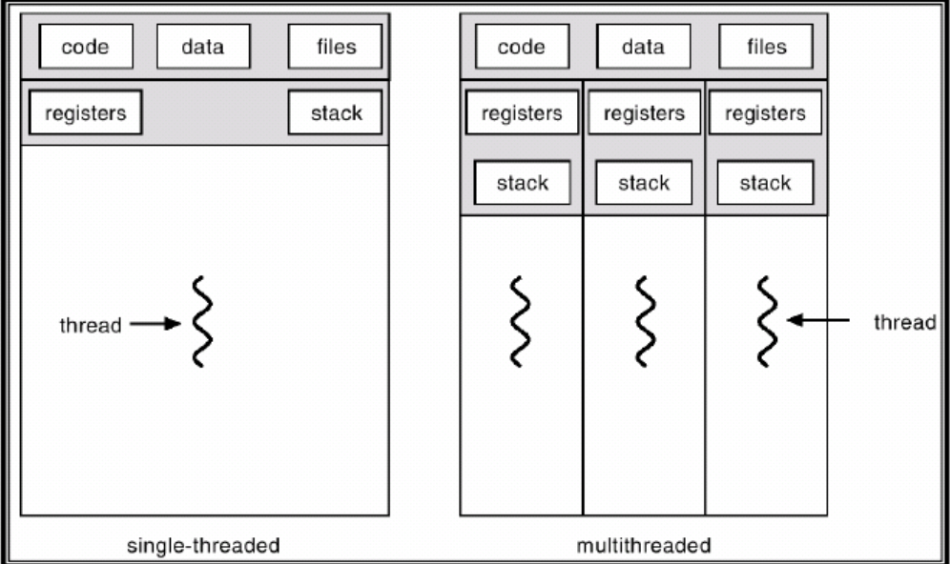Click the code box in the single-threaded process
pos(85,47)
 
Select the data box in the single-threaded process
pos(203,47)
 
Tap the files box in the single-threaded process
pos(335,47)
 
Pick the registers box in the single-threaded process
pos(85,112)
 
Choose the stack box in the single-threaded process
pos(335,112)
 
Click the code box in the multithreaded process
pos(521,47)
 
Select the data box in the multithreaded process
pos(643,47)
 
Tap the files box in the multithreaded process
pos(765,47)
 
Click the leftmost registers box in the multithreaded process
pos(521,113)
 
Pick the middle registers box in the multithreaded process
pos(643,113)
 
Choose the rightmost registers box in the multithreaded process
pos(765,113)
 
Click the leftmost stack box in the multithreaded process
pos(522,182)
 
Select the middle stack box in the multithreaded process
pos(643,182)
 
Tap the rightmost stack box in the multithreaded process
pos(765,182)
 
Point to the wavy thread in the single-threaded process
pos(200,321)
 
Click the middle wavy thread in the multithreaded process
pos(645,321)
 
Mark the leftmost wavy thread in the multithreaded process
pos(520,321)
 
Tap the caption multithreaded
pos(644,546)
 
